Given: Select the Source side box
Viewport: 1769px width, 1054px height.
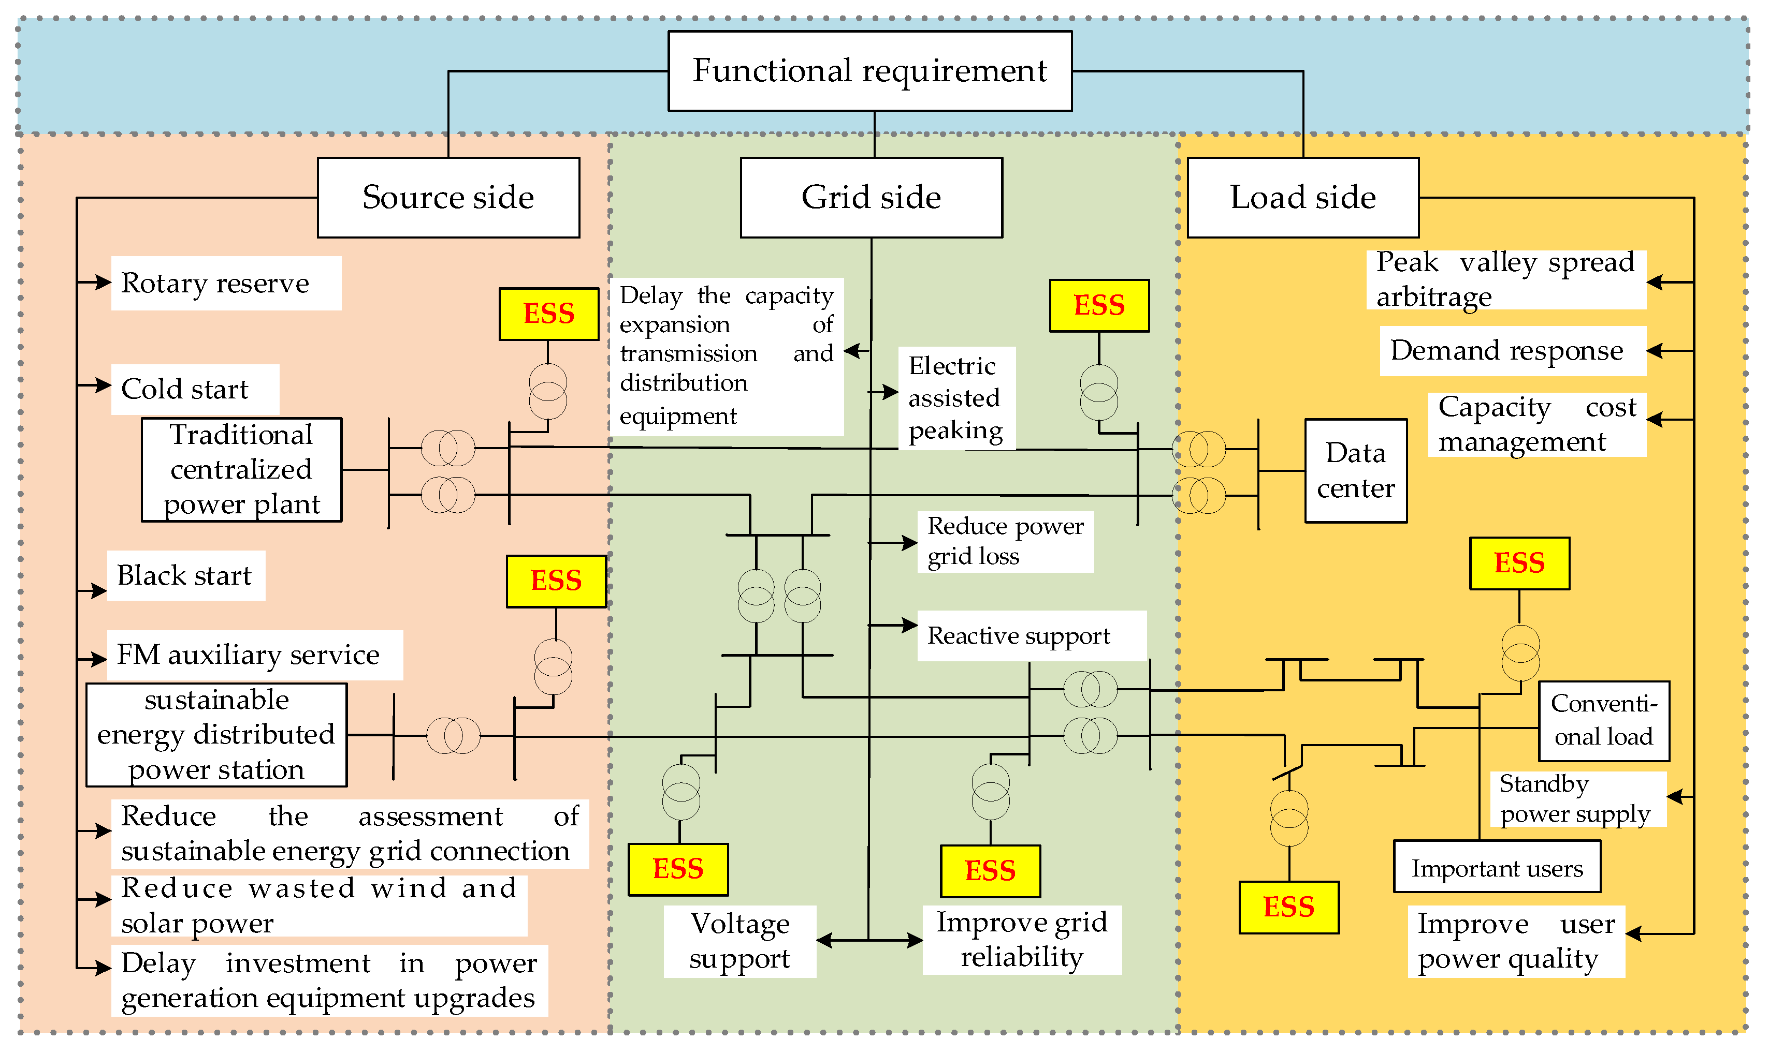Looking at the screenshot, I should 448,198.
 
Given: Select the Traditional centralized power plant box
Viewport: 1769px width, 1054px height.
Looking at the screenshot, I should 242,469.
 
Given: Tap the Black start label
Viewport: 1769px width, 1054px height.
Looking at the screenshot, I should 185,575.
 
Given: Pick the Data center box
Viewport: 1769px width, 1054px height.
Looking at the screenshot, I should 1355,471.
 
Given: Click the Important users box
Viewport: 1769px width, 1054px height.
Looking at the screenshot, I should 1496,867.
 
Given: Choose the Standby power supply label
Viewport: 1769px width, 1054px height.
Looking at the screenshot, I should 1576,799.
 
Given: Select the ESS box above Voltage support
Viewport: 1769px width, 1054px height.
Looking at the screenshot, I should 677,869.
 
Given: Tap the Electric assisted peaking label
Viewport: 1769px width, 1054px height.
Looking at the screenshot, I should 956,398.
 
